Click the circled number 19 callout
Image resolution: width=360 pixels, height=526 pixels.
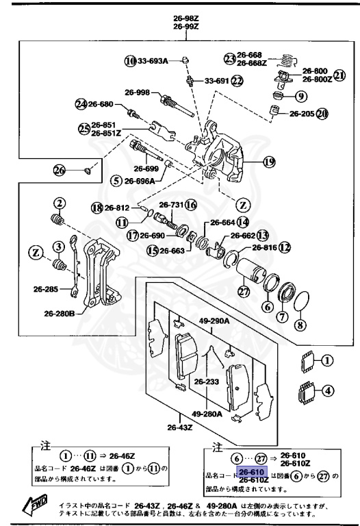pyautogui.click(x=269, y=162)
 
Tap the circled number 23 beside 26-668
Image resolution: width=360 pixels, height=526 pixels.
pyautogui.click(x=229, y=57)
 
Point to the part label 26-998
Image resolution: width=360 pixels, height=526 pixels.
pyautogui.click(x=138, y=92)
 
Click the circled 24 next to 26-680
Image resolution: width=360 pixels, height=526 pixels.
pyautogui.click(x=81, y=104)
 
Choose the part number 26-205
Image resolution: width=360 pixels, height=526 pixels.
pyautogui.click(x=301, y=114)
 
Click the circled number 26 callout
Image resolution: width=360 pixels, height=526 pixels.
pyautogui.click(x=60, y=170)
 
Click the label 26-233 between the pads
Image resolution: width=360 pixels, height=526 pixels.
pyautogui.click(x=206, y=382)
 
